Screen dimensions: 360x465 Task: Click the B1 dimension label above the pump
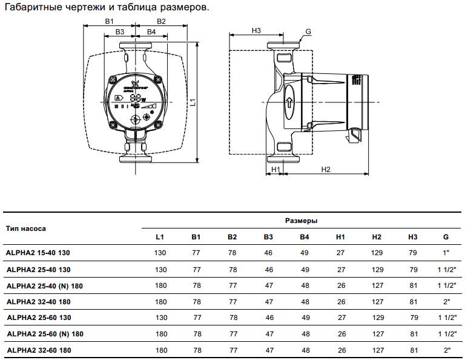tap(110, 21)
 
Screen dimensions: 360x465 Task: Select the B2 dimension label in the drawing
tap(162, 21)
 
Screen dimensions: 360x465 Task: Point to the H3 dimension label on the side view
tap(256, 30)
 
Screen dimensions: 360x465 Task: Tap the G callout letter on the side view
tap(308, 32)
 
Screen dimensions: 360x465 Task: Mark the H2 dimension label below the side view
tap(325, 169)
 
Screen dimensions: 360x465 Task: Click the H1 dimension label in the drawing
tap(275, 169)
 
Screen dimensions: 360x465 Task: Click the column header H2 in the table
tap(377, 236)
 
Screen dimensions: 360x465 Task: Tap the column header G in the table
tap(446, 236)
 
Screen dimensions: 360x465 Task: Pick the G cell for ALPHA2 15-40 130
tap(446, 252)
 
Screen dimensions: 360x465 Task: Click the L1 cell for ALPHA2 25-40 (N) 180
tap(160, 285)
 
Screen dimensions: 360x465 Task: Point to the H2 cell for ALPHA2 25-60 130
tap(377, 318)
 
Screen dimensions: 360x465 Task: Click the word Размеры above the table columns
tap(301, 221)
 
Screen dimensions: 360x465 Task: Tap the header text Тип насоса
tap(26, 228)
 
